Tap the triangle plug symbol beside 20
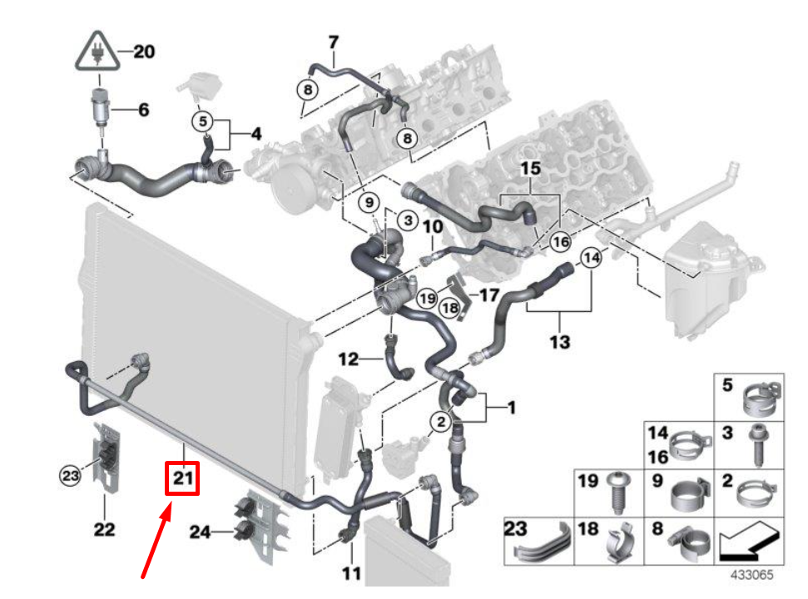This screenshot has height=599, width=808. tap(97, 52)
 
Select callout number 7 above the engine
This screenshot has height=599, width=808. tap(334, 41)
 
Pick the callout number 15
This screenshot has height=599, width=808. tap(530, 170)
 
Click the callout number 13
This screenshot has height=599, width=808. tap(560, 340)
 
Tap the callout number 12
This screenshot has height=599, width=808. tap(349, 359)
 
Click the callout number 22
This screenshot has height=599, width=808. tap(104, 528)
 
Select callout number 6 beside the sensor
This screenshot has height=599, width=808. tap(143, 110)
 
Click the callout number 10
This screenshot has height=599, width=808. tap(433, 226)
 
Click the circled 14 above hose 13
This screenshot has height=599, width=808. tap(590, 258)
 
